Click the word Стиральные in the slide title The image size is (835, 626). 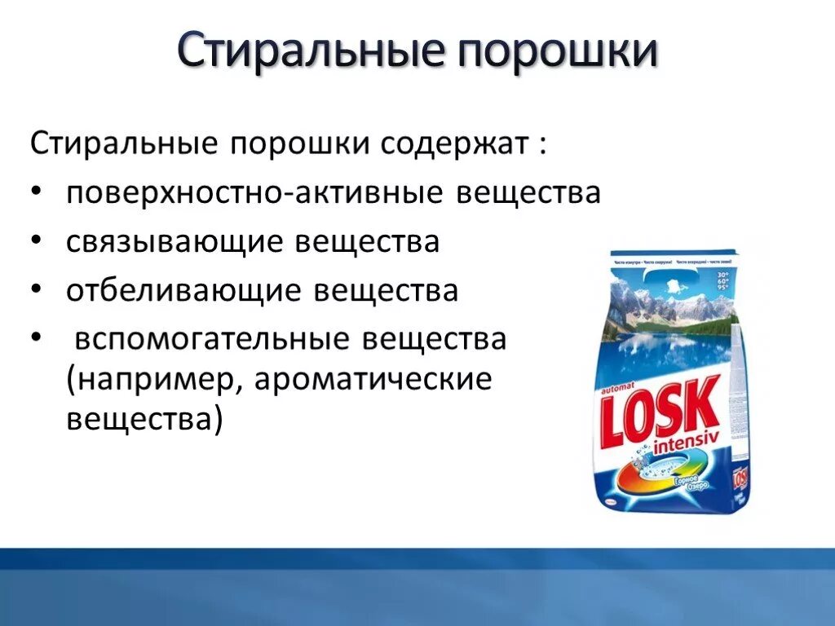pos(307,50)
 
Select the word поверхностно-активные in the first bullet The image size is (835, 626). pos(255,194)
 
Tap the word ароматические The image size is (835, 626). pos(374,381)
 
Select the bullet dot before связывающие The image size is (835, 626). pos(42,242)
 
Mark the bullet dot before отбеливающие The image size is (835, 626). pos(42,291)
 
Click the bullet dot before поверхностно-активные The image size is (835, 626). pos(42,194)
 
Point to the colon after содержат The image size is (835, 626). pos(541,148)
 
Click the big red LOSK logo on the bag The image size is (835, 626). pos(660,412)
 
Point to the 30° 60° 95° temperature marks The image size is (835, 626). pos(722,280)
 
